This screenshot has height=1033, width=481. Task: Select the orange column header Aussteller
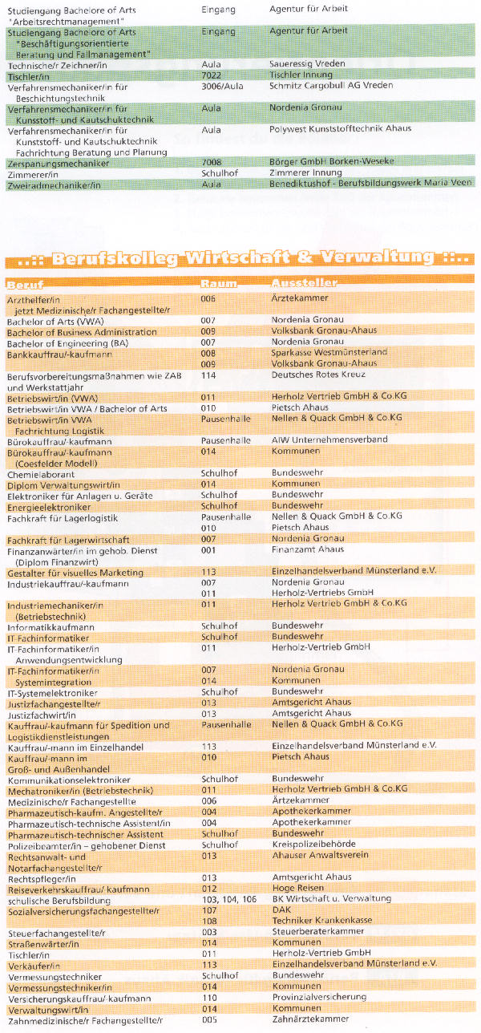[304, 284]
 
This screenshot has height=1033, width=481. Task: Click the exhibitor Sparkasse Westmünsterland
[329, 352]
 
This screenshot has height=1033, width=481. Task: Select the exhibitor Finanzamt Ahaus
[305, 551]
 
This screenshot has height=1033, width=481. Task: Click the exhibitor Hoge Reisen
[296, 889]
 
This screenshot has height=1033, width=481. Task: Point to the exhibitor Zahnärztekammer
[310, 1019]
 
